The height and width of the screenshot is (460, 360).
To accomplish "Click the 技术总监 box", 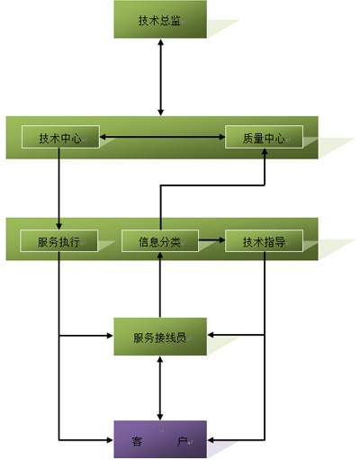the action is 160,19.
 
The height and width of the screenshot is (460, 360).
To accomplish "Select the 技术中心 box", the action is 60,137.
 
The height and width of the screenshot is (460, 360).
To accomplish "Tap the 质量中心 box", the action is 264,137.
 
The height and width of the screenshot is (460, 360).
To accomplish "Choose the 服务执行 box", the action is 58,240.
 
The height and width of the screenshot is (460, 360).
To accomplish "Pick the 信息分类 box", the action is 160,240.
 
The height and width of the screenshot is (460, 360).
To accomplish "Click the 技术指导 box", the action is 264,240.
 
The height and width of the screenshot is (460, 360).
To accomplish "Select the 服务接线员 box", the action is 160,337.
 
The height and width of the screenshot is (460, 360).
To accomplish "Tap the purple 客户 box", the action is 160,439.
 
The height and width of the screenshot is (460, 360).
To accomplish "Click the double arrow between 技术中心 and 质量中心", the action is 162,137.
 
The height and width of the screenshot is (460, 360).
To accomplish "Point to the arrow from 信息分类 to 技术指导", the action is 211,239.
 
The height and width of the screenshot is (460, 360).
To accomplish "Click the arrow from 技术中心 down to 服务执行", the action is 58,189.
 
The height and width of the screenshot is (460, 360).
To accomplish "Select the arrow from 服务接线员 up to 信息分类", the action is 160,284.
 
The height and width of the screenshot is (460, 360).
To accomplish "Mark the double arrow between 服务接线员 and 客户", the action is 160,388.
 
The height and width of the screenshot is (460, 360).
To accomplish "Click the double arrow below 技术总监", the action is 161,77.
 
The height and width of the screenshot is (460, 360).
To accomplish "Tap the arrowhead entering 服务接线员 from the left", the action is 111,335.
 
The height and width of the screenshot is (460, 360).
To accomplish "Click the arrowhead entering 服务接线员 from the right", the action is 211,335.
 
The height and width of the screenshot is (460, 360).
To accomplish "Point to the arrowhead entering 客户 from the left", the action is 111,440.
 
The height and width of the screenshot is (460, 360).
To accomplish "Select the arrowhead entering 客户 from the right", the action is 211,440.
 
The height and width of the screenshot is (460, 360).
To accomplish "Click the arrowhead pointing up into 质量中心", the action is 265,152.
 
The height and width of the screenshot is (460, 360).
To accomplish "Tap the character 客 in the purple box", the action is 137,441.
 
